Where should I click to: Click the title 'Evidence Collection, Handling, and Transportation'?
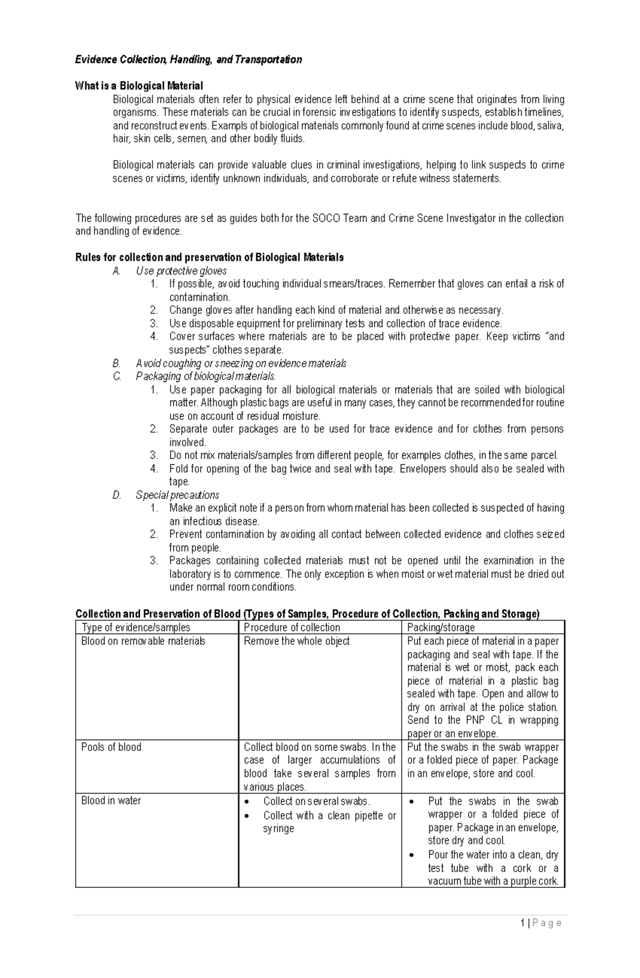[x=188, y=60]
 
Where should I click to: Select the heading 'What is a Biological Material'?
[x=139, y=86]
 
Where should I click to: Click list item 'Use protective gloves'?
[x=181, y=271]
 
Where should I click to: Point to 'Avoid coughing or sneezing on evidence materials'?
[x=241, y=363]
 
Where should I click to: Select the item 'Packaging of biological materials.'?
[x=205, y=376]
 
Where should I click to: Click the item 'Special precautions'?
[x=177, y=495]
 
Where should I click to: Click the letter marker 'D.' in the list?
[x=117, y=495]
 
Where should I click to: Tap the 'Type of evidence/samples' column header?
[x=135, y=628]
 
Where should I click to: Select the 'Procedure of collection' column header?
[x=292, y=628]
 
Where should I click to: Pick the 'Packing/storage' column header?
[x=441, y=628]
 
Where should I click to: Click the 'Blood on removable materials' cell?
[x=143, y=641]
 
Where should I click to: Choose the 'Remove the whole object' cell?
[x=297, y=641]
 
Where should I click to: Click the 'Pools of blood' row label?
[x=111, y=747]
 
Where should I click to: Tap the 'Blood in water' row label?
[x=111, y=801]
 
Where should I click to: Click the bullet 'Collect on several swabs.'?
[x=316, y=802]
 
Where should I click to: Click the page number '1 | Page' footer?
[x=541, y=923]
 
